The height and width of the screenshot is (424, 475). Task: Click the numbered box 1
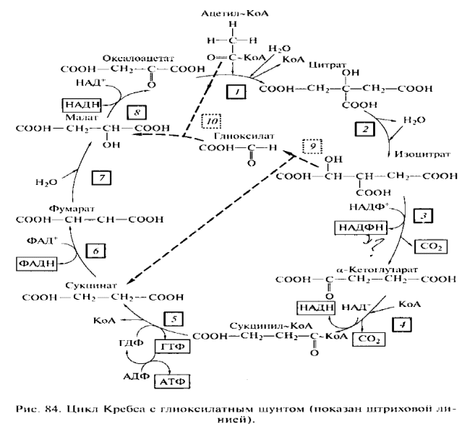(236, 92)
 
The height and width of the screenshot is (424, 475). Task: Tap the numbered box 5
(174, 318)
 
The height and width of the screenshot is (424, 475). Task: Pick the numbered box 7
(103, 178)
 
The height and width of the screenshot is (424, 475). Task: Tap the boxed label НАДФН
(361, 228)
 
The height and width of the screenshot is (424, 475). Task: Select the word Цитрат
(323, 64)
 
